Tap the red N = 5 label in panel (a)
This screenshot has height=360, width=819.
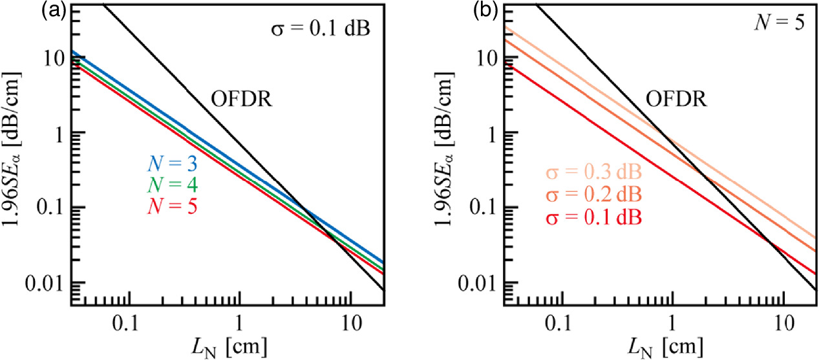click(x=170, y=206)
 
